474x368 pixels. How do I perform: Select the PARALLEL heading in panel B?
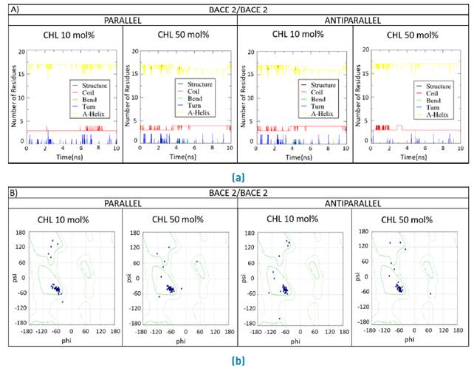click(x=122, y=207)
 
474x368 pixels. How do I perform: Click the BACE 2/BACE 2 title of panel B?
click(x=237, y=194)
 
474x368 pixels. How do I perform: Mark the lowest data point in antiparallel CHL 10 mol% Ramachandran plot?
click(x=280, y=318)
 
